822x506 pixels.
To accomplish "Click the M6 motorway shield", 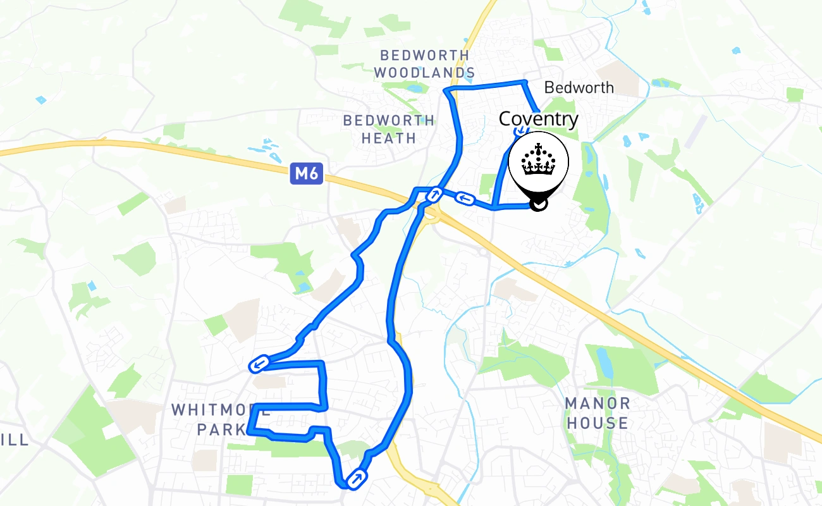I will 307,173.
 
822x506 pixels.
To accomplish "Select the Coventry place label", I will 539,119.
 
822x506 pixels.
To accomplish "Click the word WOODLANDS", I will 424,73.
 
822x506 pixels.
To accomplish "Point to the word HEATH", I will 388,137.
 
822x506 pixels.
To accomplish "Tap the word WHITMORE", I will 211,409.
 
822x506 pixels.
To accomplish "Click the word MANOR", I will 598,404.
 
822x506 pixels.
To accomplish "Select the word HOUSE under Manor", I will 598,423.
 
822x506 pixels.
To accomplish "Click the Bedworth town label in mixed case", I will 579,87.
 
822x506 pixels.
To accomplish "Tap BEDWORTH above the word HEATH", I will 388,120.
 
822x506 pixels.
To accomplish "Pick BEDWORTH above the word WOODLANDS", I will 424,55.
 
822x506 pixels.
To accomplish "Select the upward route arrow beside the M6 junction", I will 434,194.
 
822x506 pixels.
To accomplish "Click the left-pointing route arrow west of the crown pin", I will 465,199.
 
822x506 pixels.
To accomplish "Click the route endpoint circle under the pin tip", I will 538,204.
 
